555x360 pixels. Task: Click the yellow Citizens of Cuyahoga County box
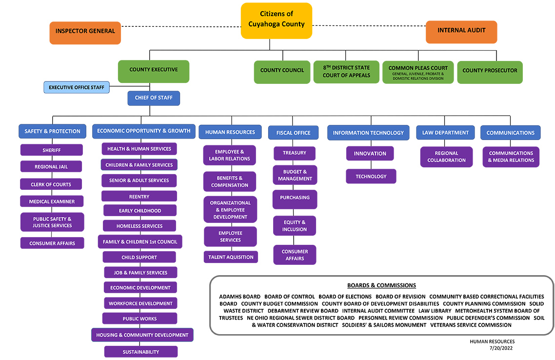point(276,20)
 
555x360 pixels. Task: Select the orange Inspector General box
point(85,31)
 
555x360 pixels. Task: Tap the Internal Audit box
point(461,31)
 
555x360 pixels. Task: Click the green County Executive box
point(153,70)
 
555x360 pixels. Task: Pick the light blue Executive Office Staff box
point(77,88)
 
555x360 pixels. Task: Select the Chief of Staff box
point(154,98)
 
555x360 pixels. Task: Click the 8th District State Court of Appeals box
point(346,72)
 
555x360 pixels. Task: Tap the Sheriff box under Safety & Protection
point(51,150)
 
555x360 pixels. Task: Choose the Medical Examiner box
point(51,201)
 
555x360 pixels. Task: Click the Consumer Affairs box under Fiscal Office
point(295,255)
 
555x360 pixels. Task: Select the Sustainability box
point(140,352)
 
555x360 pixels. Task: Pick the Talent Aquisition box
point(231,257)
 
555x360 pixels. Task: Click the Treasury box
point(294,153)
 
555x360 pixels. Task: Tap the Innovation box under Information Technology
point(370,154)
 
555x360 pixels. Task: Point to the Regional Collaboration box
point(446,157)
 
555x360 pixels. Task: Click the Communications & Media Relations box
point(511,157)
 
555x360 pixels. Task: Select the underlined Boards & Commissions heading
point(381,285)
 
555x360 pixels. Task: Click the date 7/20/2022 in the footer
point(499,348)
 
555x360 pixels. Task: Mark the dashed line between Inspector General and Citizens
point(180,26)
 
